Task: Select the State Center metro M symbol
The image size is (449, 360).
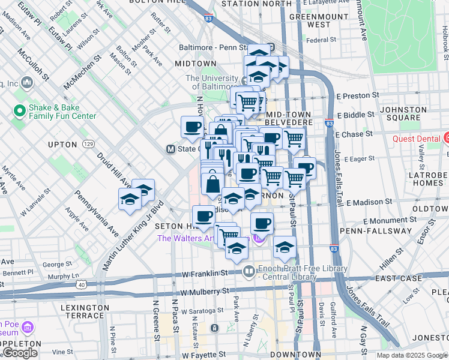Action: (171, 149)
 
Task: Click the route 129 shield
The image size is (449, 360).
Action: (89, 144)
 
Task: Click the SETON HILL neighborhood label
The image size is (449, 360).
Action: (173, 226)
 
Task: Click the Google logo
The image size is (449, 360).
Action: (20, 353)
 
